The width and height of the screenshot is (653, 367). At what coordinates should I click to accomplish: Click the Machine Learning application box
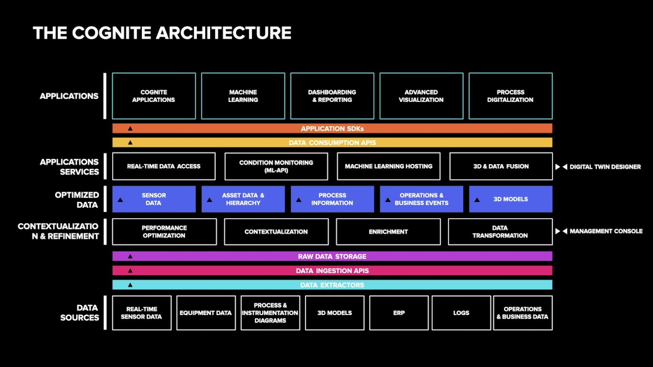click(x=243, y=96)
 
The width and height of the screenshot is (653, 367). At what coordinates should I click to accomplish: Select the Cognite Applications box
click(x=154, y=96)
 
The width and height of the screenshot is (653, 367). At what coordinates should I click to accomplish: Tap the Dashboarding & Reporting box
click(x=332, y=96)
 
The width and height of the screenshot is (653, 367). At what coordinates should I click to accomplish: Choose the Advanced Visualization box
click(x=421, y=96)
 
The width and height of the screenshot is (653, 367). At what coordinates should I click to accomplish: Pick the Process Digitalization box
click(x=510, y=96)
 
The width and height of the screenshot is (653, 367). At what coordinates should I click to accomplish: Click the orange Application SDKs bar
click(x=332, y=128)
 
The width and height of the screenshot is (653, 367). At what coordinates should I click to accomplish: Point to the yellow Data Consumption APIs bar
click(x=332, y=143)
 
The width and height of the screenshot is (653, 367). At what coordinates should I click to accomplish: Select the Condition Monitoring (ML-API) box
click(x=276, y=166)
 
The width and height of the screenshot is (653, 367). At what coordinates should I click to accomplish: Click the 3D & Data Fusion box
click(x=501, y=166)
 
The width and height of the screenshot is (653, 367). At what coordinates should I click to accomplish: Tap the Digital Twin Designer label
click(x=605, y=167)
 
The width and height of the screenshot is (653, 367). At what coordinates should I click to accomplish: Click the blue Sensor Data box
click(x=154, y=199)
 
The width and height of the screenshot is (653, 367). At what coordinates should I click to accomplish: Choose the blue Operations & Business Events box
click(x=421, y=199)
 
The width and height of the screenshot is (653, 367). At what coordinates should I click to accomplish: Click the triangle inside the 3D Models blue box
click(x=476, y=200)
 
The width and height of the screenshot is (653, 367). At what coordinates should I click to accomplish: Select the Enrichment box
click(x=388, y=232)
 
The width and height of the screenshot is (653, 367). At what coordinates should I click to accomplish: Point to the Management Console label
click(x=606, y=231)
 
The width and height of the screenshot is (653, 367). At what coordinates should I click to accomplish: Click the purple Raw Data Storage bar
click(x=332, y=256)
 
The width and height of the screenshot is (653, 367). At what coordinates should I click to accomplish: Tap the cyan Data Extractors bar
click(x=332, y=285)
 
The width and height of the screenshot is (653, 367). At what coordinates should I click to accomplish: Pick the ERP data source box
click(x=399, y=313)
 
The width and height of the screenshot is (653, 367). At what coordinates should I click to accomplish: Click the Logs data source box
click(x=461, y=313)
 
